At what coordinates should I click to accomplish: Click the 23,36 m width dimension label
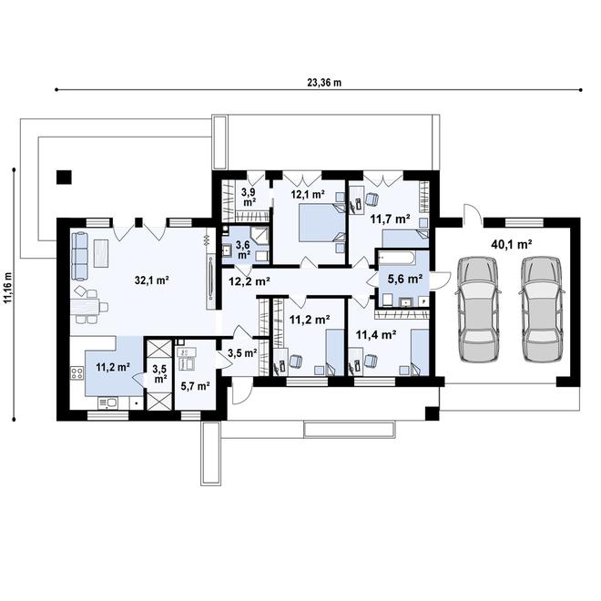point(324,82)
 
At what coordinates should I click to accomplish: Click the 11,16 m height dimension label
point(7,289)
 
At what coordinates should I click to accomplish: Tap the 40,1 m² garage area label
point(512,244)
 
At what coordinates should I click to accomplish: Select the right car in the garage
point(542,310)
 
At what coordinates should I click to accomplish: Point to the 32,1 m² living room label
point(152,280)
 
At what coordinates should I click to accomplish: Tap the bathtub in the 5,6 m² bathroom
point(396,258)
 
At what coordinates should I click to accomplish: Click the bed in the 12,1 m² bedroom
point(322,222)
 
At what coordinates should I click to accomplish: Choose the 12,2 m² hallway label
point(250,281)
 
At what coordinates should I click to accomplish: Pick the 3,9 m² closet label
point(250,197)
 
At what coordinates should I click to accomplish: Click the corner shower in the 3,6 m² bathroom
point(260,235)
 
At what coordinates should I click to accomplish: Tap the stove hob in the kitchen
point(76,373)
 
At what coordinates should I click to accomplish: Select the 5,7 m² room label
point(195,386)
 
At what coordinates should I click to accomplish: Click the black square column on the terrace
point(64,177)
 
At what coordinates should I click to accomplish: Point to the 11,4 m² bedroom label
point(376,335)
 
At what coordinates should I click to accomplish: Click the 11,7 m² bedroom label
point(390,219)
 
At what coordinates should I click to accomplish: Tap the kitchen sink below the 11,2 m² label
point(107,402)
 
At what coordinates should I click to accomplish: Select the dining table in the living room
point(85,307)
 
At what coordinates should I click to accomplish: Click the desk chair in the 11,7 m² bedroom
point(372,199)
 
